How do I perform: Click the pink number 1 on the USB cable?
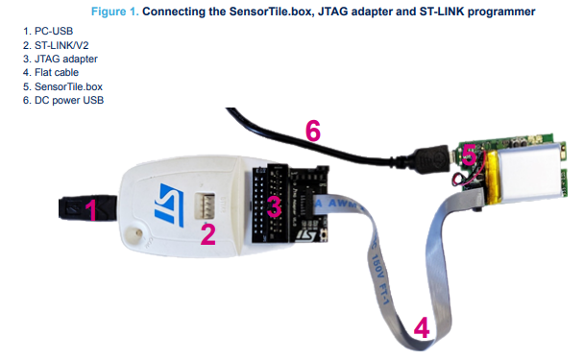tap(90, 210)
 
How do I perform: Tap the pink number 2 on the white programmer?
tap(207, 233)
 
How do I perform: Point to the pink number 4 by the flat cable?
tap(421, 329)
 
